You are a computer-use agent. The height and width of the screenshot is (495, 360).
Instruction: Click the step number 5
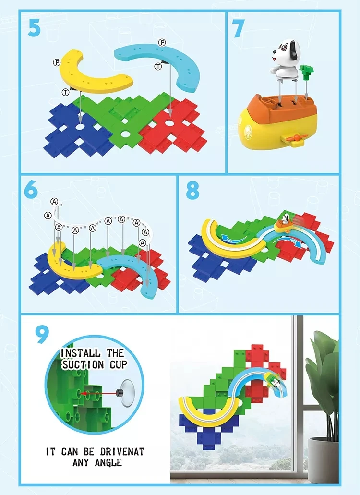[x=34, y=27]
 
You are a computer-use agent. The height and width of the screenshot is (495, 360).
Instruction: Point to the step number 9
[x=42, y=335]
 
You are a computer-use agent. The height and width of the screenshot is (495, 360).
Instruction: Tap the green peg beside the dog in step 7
[x=305, y=74]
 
